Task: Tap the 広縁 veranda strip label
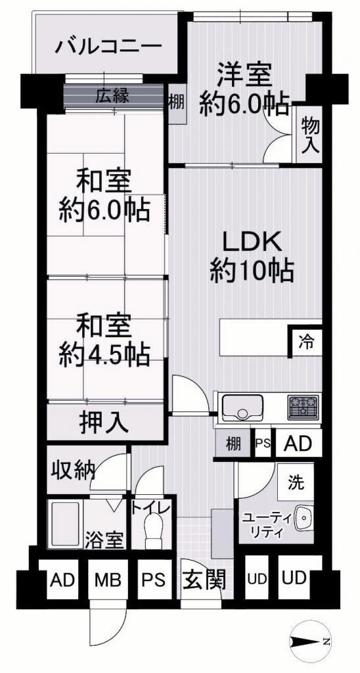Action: click(x=112, y=96)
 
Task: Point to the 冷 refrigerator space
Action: click(x=306, y=342)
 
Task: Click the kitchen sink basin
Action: click(x=242, y=407)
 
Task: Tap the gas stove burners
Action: click(x=304, y=407)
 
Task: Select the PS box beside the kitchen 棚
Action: click(x=263, y=443)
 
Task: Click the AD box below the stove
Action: click(x=298, y=443)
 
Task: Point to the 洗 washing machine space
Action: click(x=296, y=482)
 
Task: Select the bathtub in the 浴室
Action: click(x=65, y=523)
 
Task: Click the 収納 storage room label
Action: click(x=73, y=471)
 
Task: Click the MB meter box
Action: click(x=108, y=580)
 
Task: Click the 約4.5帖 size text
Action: click(x=104, y=354)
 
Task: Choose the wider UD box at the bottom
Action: click(x=300, y=577)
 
